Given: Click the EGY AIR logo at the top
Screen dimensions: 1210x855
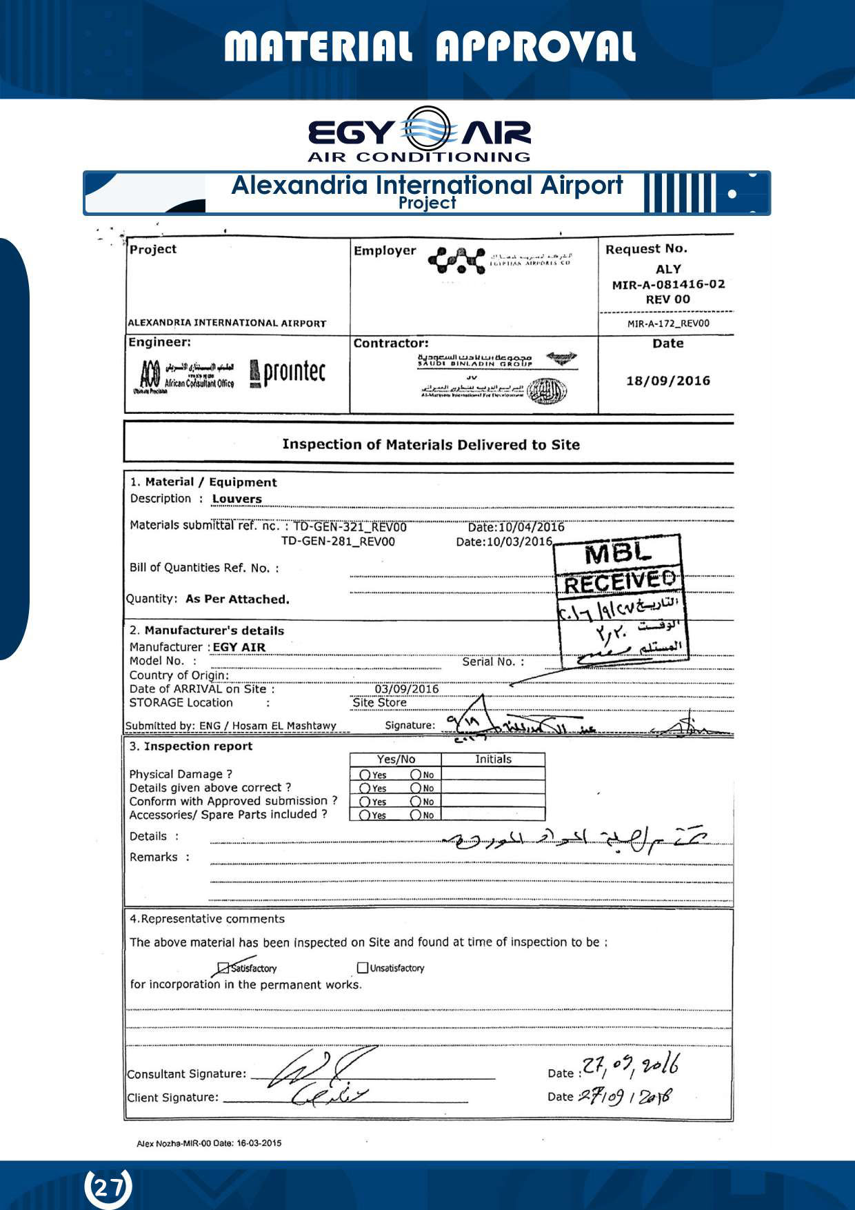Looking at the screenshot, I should click(419, 134).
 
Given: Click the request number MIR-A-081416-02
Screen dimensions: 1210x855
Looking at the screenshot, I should click(668, 284).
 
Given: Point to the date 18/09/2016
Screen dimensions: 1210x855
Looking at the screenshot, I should click(667, 381).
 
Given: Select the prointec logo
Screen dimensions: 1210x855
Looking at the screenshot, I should click(288, 373).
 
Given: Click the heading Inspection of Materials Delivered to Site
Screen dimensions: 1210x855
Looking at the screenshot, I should click(430, 445).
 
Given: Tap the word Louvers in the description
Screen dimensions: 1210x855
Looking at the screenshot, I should click(237, 499).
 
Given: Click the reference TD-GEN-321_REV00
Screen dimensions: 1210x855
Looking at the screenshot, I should click(350, 527).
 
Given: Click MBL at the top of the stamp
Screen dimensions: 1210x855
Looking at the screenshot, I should click(617, 553).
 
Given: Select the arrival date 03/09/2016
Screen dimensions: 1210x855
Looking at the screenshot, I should click(406, 689).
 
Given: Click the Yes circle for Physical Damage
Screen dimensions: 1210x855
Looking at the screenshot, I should click(365, 775).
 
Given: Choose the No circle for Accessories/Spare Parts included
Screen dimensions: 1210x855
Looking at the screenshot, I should click(416, 815).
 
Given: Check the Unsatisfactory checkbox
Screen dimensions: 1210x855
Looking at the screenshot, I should click(363, 968).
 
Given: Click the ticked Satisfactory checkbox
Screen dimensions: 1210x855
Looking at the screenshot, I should click(223, 969).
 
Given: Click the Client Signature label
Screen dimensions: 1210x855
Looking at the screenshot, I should click(172, 1098).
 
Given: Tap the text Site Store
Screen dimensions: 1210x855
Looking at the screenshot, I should click(379, 703).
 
